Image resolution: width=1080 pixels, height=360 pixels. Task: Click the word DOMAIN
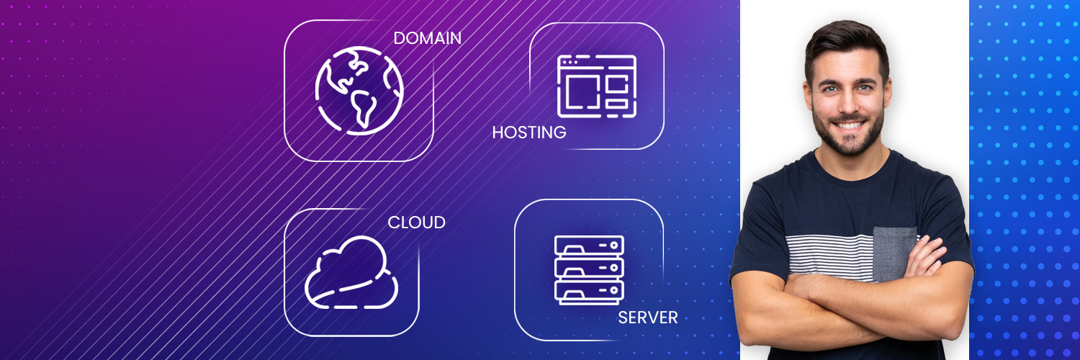pyautogui.click(x=427, y=38)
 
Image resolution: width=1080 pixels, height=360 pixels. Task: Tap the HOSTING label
pyautogui.click(x=529, y=132)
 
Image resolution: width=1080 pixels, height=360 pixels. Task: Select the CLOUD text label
pyautogui.click(x=416, y=222)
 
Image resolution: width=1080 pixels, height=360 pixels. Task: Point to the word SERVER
pyautogui.click(x=647, y=318)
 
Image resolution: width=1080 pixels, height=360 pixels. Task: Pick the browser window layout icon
pyautogui.click(x=596, y=86)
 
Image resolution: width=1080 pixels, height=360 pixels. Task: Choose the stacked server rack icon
pyautogui.click(x=589, y=270)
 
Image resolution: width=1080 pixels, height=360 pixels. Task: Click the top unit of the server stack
pyautogui.click(x=589, y=246)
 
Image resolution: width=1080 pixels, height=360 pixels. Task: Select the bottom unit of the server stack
pyautogui.click(x=589, y=292)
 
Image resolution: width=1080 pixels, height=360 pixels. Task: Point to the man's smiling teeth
pyautogui.click(x=849, y=126)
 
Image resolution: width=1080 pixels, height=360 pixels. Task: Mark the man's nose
pyautogui.click(x=849, y=104)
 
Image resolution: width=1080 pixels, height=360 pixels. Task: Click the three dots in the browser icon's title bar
pyautogui.click(x=569, y=62)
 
